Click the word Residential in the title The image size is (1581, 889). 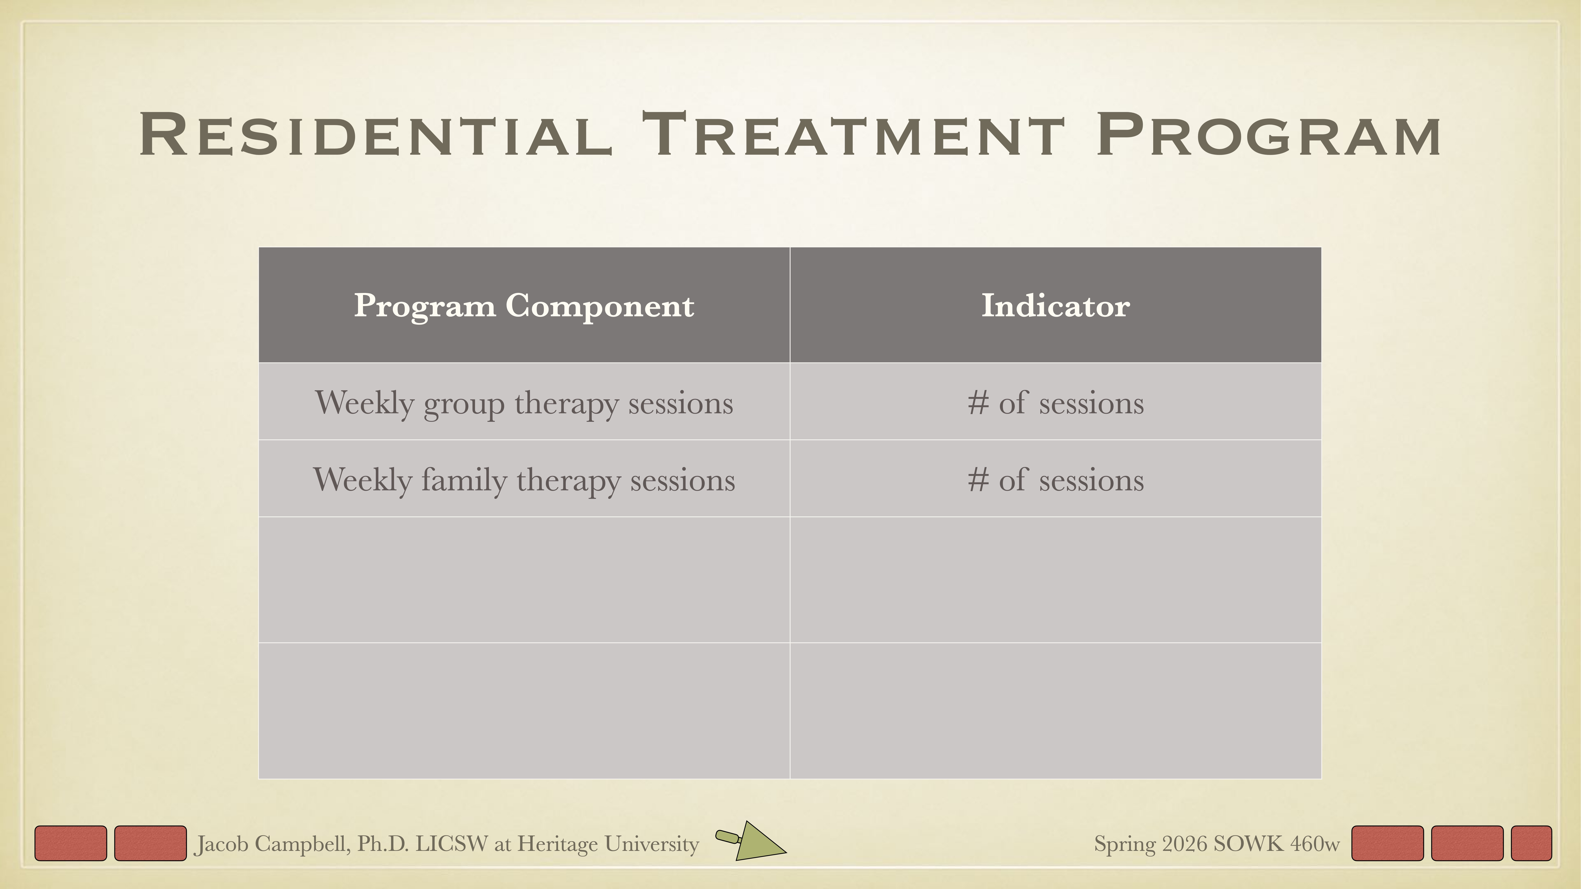click(x=376, y=135)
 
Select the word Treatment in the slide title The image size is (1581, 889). click(x=853, y=135)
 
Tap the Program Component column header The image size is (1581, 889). click(x=523, y=306)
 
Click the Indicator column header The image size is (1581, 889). click(x=1055, y=306)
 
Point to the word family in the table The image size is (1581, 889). click(x=463, y=480)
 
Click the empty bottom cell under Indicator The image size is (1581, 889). click(x=1055, y=710)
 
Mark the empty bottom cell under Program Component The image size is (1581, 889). click(x=523, y=710)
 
